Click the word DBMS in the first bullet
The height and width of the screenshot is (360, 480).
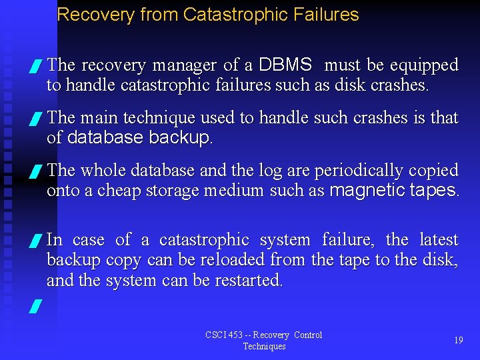click(x=285, y=65)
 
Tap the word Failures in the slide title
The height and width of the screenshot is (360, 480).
click(x=326, y=15)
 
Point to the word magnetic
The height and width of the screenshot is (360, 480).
click(x=366, y=190)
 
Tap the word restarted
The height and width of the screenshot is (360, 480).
click(x=249, y=280)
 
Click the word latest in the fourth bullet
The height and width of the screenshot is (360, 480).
click(x=439, y=239)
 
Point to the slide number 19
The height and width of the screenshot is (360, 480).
click(x=459, y=340)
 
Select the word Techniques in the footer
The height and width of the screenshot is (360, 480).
click(x=264, y=346)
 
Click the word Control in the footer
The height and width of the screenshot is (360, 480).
click(x=308, y=335)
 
